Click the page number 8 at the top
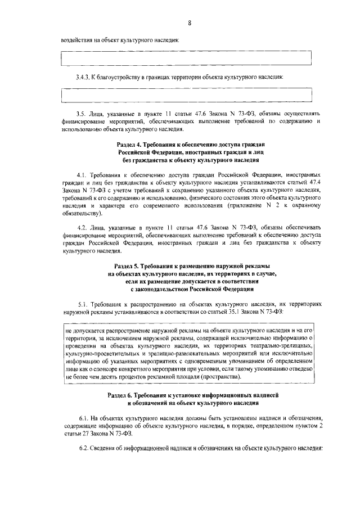tap(190, 22)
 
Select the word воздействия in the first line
tap(77, 40)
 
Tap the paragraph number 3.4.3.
tap(85, 77)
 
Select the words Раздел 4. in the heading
tap(129, 145)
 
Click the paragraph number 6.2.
tap(84, 450)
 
